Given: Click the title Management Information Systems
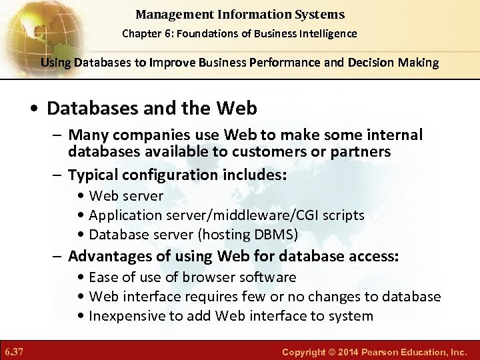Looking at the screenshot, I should pos(240,14).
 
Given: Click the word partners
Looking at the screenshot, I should pos(358,151).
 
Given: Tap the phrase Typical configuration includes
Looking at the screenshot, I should pos(177,175).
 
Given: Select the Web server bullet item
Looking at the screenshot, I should pos(125,196).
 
